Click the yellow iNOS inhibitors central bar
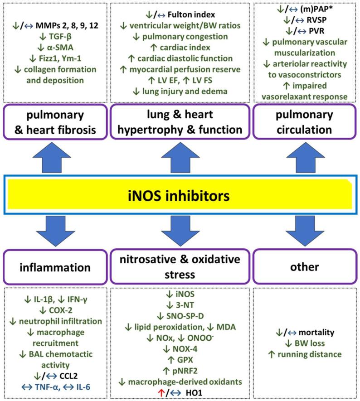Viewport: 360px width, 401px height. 180,196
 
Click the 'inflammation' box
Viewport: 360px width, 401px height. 56,268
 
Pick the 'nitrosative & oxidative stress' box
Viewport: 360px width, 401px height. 180,268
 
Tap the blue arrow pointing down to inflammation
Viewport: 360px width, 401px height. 56,232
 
